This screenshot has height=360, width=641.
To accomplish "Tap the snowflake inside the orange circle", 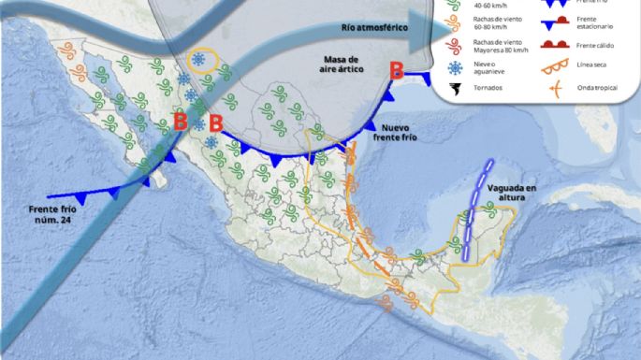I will point(199,61).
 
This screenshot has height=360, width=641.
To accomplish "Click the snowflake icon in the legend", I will point(455,68).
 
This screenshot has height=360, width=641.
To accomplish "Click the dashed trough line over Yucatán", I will point(476,210).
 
